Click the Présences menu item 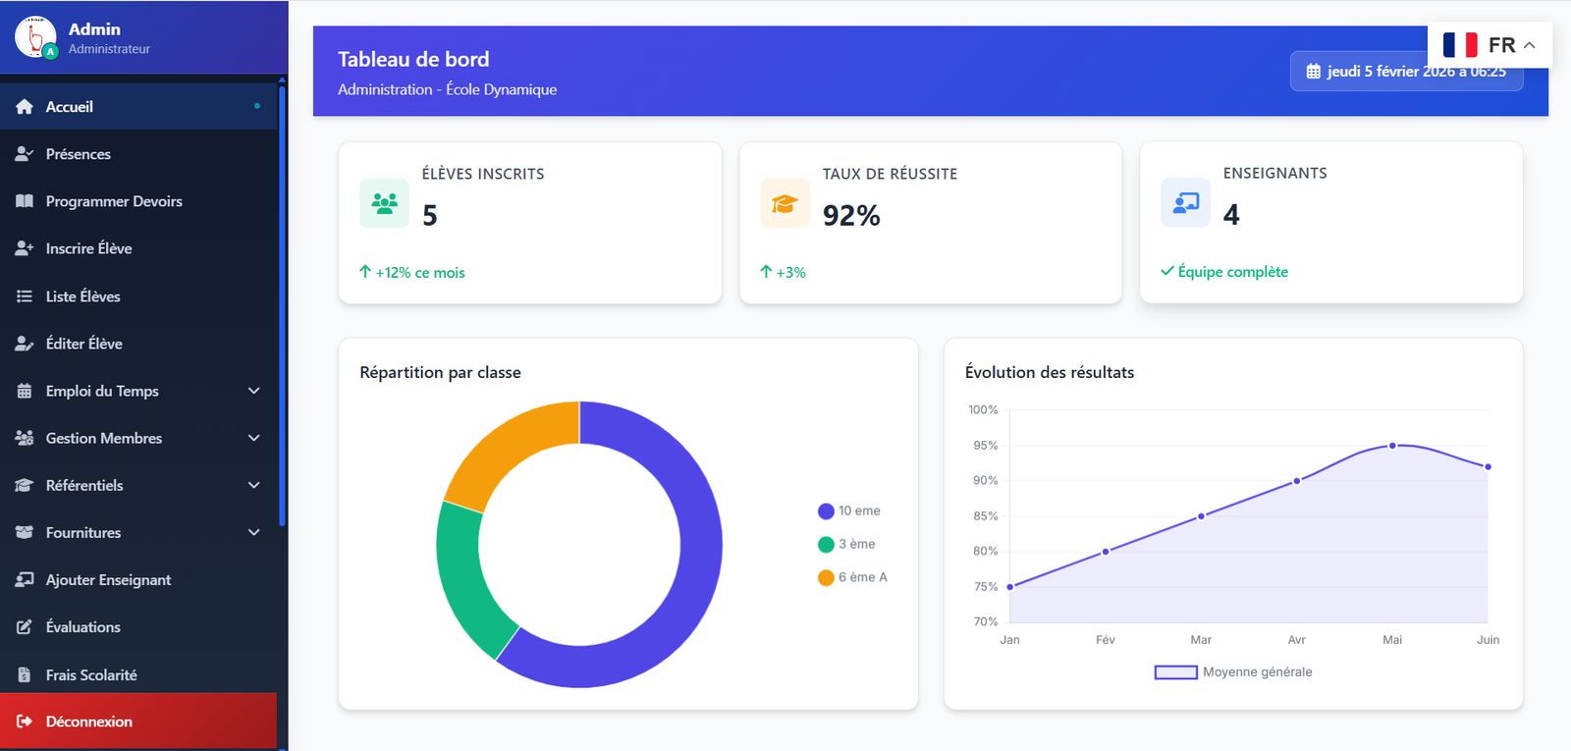coord(78,154)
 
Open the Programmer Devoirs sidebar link coord(113,201)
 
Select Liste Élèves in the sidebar coord(82,296)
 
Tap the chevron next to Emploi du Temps coord(254,391)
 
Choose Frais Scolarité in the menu coord(90,674)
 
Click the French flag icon coord(1460,45)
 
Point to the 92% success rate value coord(851,215)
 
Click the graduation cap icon coord(785,203)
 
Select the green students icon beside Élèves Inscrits coord(384,203)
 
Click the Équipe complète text coord(1232,272)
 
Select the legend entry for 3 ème coord(855,544)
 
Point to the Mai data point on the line coord(1392,446)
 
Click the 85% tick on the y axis coord(985,515)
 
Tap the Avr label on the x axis coord(1296,640)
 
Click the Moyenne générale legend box coord(1175,672)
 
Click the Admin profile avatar coord(35,37)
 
